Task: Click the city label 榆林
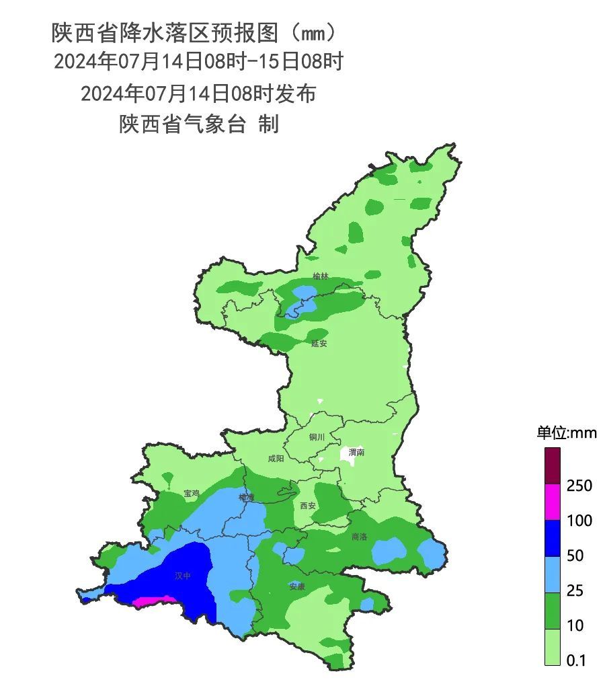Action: click(321, 276)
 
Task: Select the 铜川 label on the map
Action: click(317, 437)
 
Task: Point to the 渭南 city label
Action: click(356, 453)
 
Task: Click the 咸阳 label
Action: click(276, 459)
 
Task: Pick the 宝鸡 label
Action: click(192, 494)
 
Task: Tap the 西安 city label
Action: click(308, 506)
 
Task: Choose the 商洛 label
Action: click(360, 537)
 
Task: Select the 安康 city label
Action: click(297, 586)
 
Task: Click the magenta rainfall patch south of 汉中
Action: click(153, 601)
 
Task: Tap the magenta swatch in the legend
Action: click(552, 502)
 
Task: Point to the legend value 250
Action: click(579, 486)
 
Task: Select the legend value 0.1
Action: click(577, 661)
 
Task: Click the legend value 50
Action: click(575, 556)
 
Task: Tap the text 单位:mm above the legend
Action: click(566, 433)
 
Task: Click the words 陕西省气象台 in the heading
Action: click(182, 124)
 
